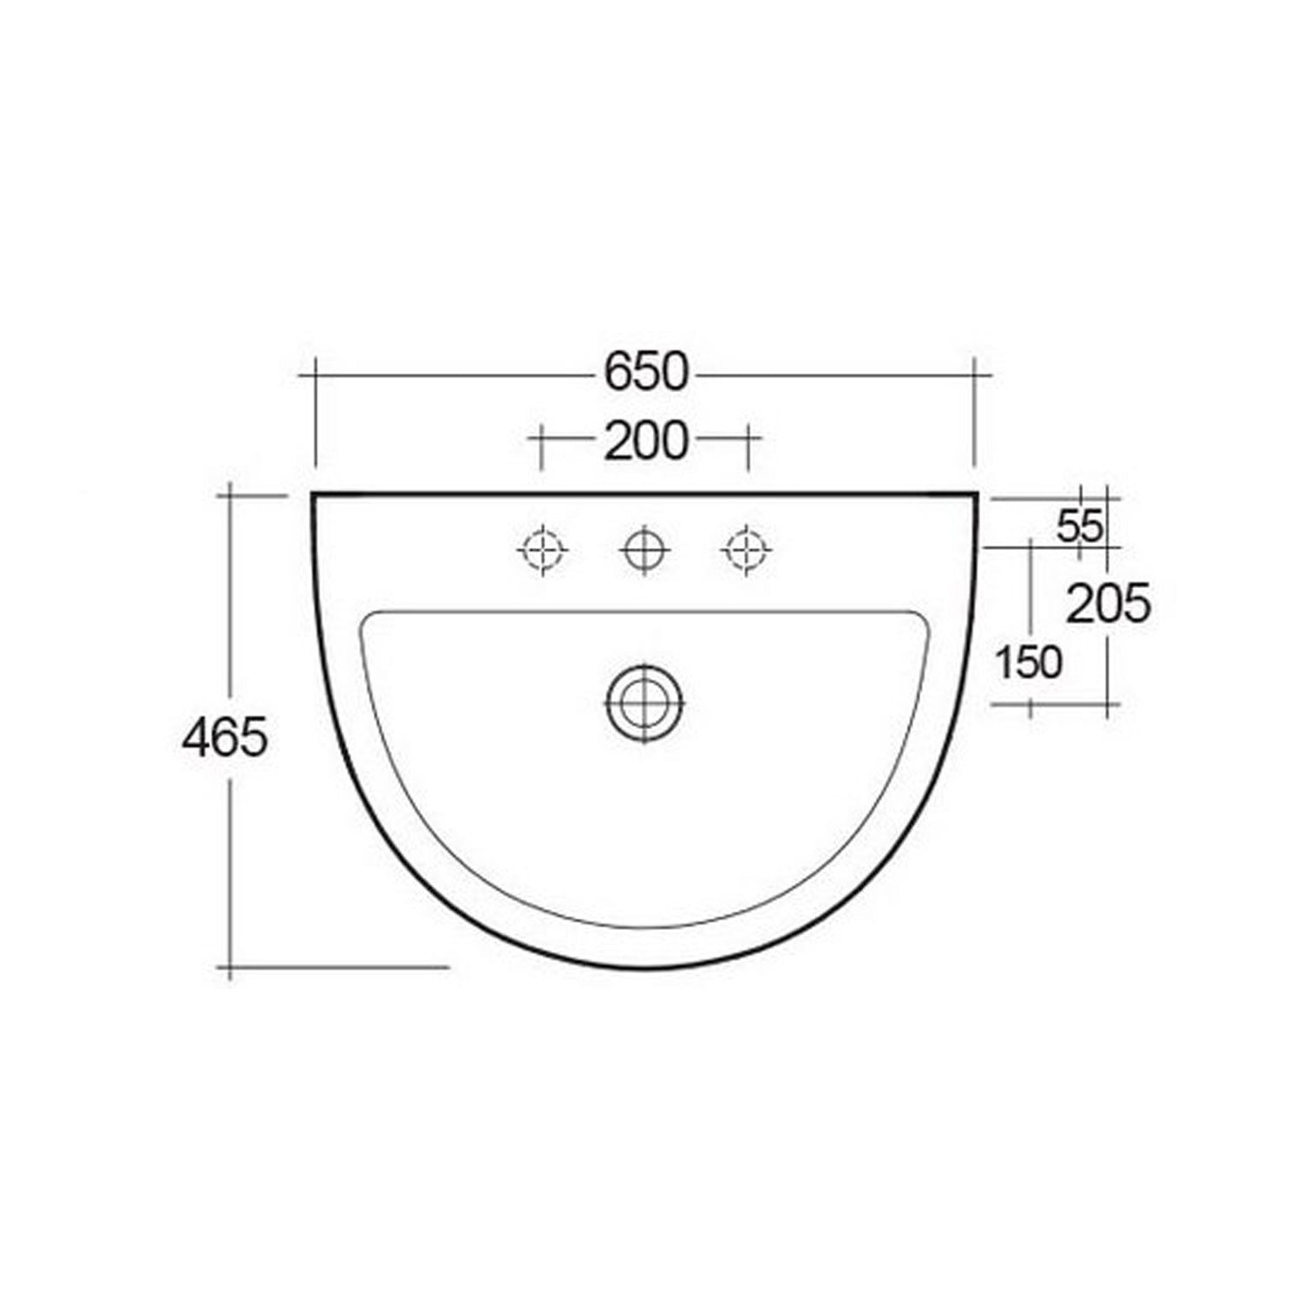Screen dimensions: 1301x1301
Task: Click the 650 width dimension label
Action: pyautogui.click(x=645, y=373)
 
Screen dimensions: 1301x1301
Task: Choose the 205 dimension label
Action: pyautogui.click(x=1108, y=604)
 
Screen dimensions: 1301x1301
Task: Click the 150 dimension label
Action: pyautogui.click(x=1028, y=664)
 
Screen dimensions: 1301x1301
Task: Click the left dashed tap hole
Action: pyautogui.click(x=543, y=549)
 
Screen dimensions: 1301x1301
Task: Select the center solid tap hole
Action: pyautogui.click(x=645, y=549)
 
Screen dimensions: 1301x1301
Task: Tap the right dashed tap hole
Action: pyautogui.click(x=747, y=549)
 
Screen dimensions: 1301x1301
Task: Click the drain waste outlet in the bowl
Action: pyautogui.click(x=645, y=703)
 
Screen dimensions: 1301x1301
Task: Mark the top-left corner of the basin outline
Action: pyautogui.click(x=313, y=494)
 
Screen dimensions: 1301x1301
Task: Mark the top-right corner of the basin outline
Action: pyautogui.click(x=977, y=494)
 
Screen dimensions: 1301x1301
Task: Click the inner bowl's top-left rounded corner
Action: pyautogui.click(x=368, y=618)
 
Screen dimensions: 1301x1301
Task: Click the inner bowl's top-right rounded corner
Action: pyautogui.click(x=923, y=618)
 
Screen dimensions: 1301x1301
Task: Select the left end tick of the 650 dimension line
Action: pyautogui.click(x=314, y=375)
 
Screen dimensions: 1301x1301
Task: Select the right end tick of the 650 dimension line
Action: pyautogui.click(x=975, y=375)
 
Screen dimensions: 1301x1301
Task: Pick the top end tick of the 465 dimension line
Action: pyautogui.click(x=230, y=495)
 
